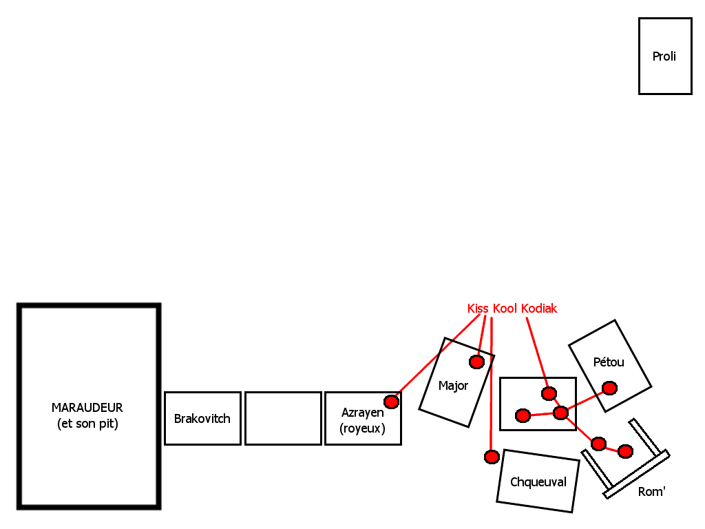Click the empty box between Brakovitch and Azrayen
pos(283,418)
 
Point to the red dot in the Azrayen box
pos(391,402)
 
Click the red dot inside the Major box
pos(476,362)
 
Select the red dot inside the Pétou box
pos(609,388)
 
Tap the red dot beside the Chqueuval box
pos(492,457)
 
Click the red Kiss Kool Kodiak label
pos(512,309)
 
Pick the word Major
pos(453,386)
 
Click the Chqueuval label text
pos(538,482)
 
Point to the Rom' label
pos(651,492)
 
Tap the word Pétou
pos(609,362)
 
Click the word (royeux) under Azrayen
pos(362,428)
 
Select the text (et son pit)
pos(87,424)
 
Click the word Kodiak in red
pos(539,309)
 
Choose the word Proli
pos(664,56)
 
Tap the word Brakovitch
pos(202,419)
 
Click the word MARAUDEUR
pos(87,408)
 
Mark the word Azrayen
pos(363,413)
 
